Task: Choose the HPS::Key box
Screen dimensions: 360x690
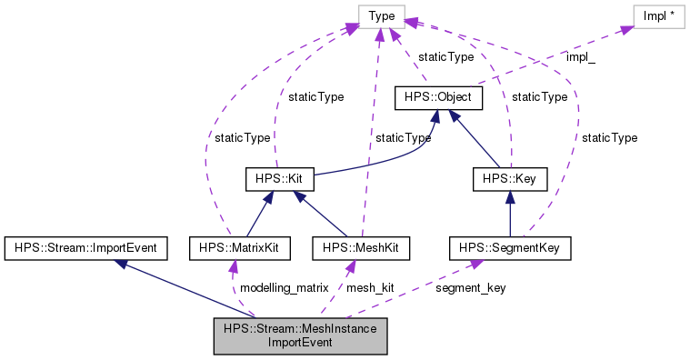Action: point(509,178)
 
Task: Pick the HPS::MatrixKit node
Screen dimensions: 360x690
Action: point(233,246)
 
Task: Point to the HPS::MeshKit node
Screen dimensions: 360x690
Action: point(361,246)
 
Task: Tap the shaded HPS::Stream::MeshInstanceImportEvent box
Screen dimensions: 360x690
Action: point(301,335)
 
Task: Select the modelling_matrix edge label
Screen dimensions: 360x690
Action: point(284,287)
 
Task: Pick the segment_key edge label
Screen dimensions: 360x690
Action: point(471,287)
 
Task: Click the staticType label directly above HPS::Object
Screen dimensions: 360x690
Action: point(445,56)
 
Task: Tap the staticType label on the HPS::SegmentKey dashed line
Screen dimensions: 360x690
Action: point(610,137)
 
